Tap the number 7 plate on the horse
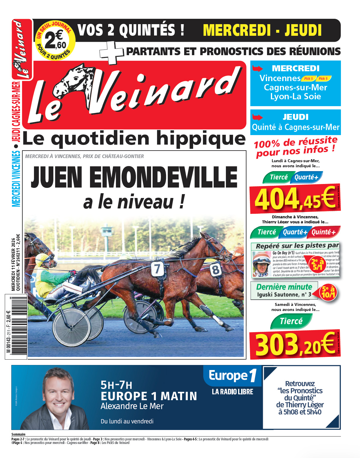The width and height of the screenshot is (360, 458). pos(157,269)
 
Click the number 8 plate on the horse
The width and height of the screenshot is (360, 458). pos(215,270)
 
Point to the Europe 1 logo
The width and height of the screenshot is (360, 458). pos(232,375)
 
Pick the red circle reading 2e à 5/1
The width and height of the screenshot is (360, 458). pos(317,264)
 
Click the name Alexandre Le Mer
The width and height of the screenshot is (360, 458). pos(132,406)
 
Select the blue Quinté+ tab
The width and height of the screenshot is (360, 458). pos(324,232)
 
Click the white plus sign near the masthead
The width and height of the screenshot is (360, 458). pos(112,52)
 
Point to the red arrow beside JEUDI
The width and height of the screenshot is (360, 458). pos(257,117)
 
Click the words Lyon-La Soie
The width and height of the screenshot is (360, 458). pos(295,97)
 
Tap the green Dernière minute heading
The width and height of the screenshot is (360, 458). pos(284,287)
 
